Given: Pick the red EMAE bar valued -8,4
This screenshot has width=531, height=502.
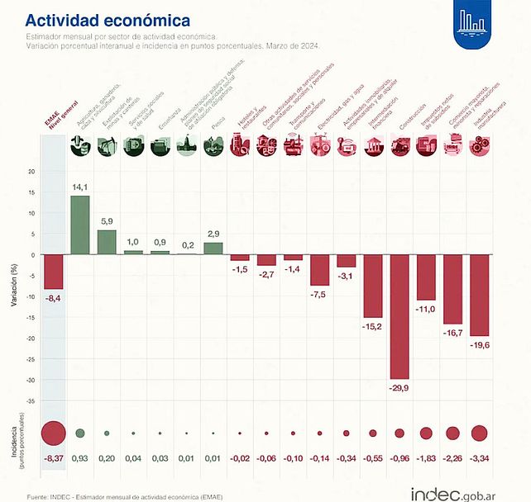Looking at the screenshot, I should coord(54,272).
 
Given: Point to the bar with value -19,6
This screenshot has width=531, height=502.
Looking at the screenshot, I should coord(479,295).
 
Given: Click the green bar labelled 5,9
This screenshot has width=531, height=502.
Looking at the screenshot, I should coord(107,242).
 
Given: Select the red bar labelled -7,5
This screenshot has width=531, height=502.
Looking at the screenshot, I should coord(319,270).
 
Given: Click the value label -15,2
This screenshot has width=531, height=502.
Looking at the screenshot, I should coord(372,326).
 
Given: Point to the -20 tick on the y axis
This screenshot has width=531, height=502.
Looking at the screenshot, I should coord(31,339).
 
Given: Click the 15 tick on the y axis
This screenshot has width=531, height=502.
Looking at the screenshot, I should coord(31,192).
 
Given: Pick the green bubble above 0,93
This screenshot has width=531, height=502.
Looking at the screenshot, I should coord(80,433).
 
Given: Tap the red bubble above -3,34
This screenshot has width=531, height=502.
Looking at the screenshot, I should coord(479,433).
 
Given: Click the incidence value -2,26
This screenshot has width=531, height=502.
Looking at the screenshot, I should coord(452,458).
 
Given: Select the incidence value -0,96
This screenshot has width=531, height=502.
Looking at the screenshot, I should coord(399,458).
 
